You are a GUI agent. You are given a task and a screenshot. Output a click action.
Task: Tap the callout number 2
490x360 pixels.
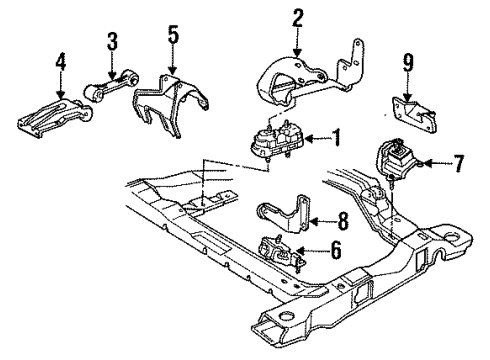coord(297,19)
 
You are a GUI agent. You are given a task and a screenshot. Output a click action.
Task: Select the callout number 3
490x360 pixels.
coord(112,43)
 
